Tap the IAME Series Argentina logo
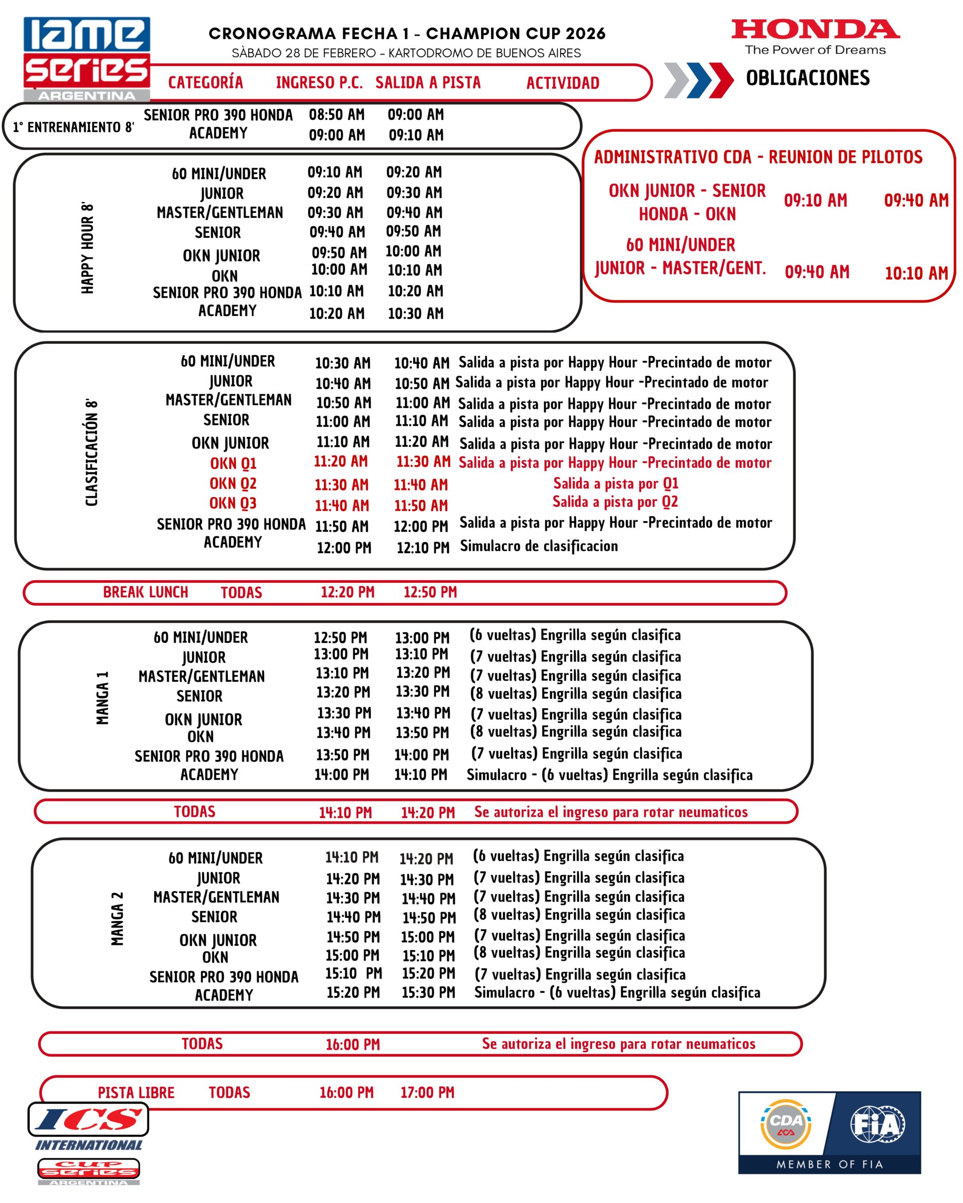(87, 59)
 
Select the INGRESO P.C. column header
(319, 83)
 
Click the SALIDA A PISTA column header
(427, 83)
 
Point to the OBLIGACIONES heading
(807, 78)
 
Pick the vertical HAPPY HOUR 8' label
(87, 248)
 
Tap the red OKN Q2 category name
(233, 483)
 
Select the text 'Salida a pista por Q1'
(615, 483)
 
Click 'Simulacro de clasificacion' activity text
(539, 546)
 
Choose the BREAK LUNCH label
(145, 592)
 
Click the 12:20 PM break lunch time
(347, 592)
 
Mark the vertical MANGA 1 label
(102, 698)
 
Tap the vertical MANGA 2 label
(117, 918)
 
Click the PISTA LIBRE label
(136, 1093)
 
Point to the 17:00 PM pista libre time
(427, 1093)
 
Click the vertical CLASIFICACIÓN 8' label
(92, 453)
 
